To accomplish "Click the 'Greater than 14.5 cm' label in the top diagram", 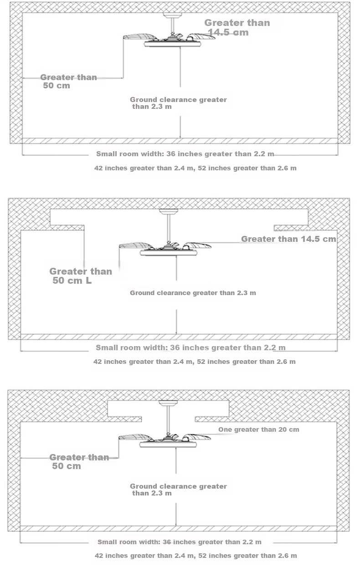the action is tap(237, 28).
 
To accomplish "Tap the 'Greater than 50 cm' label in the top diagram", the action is tap(68, 82).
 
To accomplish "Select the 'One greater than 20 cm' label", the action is tap(259, 429).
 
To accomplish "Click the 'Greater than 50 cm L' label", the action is tap(81, 276).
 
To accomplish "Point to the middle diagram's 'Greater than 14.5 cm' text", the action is tap(288, 239).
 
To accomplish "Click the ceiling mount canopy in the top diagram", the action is tap(173, 15).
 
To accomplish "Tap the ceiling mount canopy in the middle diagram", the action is tap(169, 211).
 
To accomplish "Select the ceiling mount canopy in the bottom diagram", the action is tap(168, 403).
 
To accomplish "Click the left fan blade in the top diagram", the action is tap(140, 36).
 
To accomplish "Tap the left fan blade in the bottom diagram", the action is tap(136, 437).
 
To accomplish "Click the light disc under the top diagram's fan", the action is tap(172, 44).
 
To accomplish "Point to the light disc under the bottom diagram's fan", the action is tap(168, 444).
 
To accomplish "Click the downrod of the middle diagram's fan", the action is tap(169, 229).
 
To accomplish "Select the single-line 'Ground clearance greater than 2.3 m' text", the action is tap(193, 293).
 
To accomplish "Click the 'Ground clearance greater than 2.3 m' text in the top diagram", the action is tap(178, 103).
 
